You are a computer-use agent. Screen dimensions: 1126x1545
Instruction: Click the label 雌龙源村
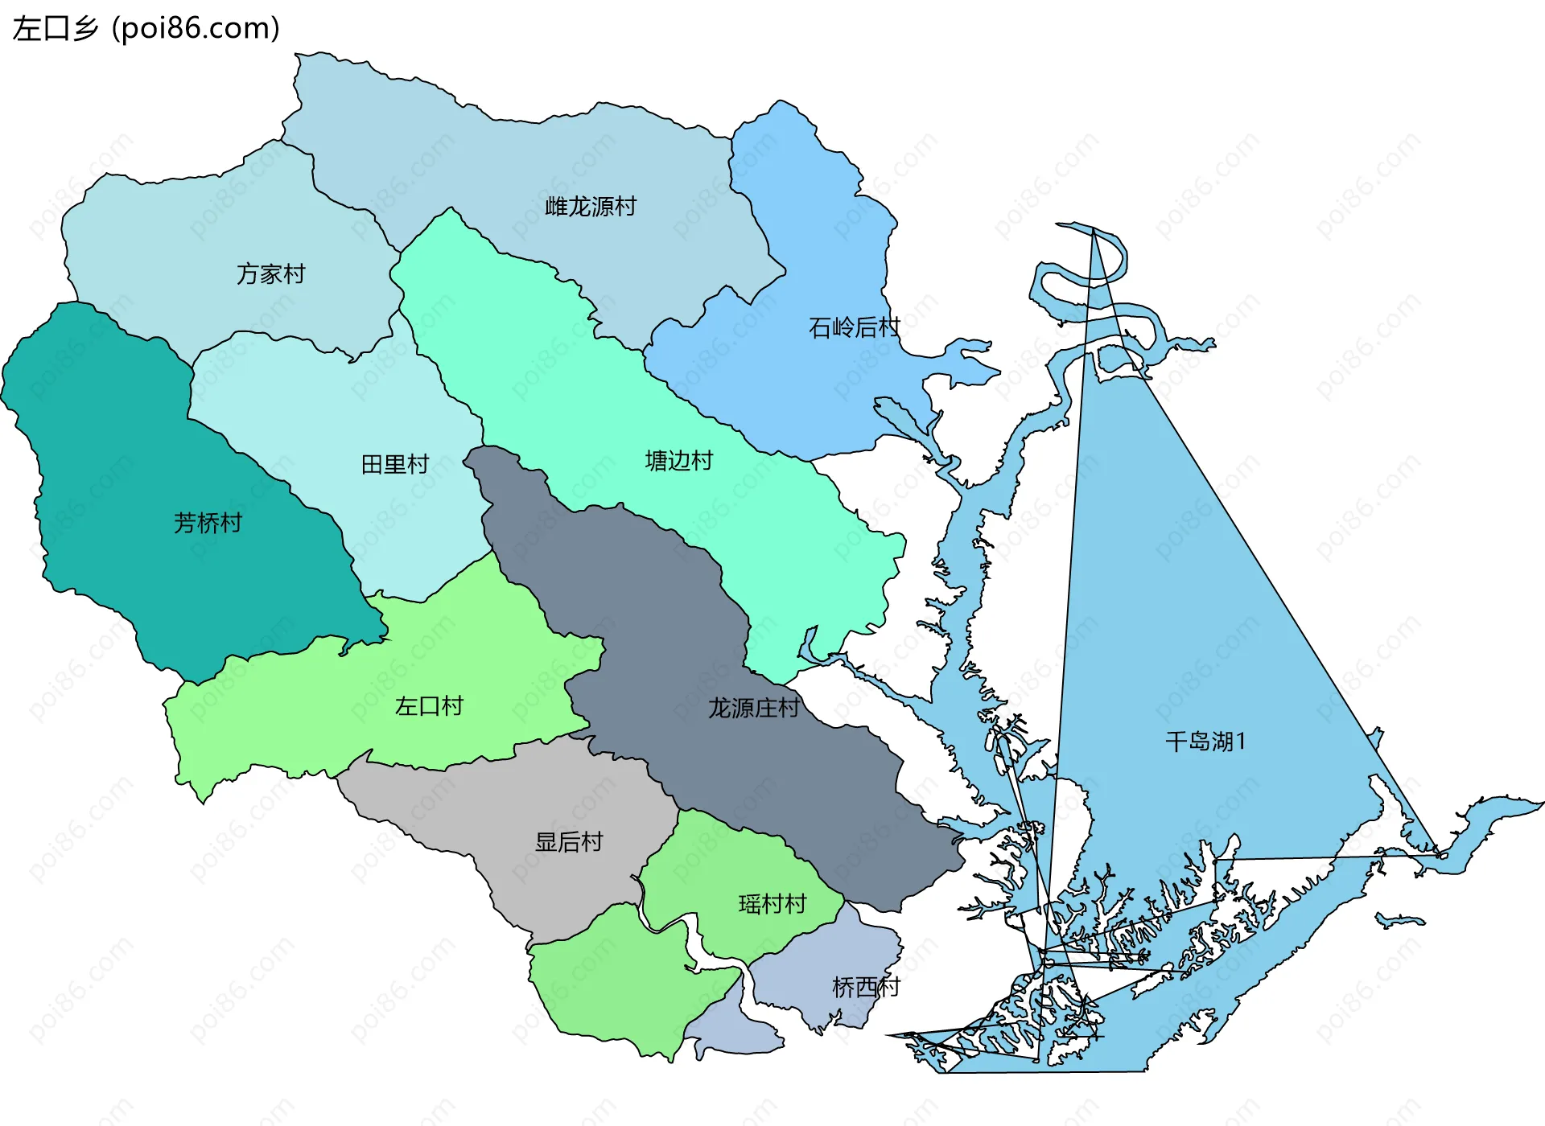pos(591,207)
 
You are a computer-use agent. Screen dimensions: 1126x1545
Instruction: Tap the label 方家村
pos(271,274)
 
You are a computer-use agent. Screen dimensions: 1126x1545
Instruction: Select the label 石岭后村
pos(854,327)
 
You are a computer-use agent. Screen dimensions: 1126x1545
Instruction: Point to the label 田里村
pos(395,464)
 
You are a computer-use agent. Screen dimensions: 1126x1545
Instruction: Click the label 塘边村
pos(679,461)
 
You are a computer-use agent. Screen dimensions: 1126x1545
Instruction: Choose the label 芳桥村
pos(208,523)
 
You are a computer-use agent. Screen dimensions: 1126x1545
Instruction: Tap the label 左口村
pos(429,706)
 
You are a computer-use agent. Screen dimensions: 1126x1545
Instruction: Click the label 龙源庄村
pos(753,708)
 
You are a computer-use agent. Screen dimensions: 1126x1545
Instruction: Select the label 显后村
pos(569,842)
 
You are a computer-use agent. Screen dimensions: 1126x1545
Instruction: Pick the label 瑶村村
pos(772,904)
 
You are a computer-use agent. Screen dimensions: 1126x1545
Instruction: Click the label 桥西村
pos(866,987)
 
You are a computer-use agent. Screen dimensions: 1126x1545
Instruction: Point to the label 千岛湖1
pos(1205,742)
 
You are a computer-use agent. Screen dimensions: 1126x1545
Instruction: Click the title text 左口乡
pos(56,29)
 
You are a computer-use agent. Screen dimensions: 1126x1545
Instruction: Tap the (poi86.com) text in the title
pos(196,29)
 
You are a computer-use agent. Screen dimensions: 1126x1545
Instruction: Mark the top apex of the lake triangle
pos(1094,230)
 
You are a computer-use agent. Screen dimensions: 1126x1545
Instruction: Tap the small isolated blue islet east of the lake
pos(1400,919)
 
